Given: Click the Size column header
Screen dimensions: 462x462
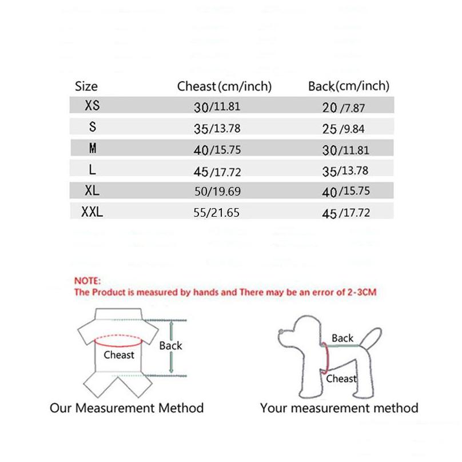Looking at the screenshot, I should [86, 86].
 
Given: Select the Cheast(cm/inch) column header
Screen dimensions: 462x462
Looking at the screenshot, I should [224, 86].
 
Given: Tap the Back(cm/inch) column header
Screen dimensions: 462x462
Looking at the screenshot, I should [348, 86].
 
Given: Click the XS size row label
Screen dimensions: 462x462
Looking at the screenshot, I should [91, 106].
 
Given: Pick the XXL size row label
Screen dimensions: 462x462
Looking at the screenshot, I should [91, 213].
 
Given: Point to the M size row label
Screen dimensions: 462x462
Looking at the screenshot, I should [92, 149].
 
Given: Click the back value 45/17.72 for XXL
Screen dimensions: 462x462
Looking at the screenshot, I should [346, 213].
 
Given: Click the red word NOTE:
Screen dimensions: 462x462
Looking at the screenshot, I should [87, 281].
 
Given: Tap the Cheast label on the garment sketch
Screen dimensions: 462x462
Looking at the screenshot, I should [119, 355].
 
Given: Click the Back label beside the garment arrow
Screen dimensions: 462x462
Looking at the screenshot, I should [170, 345].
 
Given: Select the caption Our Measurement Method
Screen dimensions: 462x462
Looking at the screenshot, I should [126, 408].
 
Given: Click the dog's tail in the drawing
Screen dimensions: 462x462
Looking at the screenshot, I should [374, 336].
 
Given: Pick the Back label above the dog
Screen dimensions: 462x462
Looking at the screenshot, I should [342, 338].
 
